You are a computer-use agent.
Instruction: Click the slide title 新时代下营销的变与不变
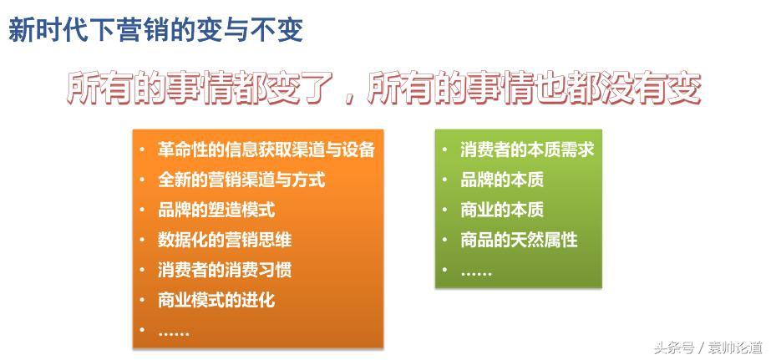(156, 31)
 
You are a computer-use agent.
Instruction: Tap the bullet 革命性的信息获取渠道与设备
(266, 150)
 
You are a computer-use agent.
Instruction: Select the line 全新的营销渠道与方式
(241, 180)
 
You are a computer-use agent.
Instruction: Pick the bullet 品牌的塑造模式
(216, 210)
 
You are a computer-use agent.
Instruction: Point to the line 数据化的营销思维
(225, 240)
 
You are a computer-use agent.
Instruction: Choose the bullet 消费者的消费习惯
(225, 270)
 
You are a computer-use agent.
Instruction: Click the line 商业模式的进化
(216, 300)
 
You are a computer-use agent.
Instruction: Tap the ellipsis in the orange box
(174, 334)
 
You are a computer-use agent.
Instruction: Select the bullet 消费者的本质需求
(527, 150)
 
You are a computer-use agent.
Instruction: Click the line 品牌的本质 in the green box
(502, 180)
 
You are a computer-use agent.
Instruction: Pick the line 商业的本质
(502, 210)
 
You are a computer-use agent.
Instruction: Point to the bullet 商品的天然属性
(519, 240)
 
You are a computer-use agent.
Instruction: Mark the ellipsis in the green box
(476, 273)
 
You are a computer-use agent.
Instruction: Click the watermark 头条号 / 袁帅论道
(708, 347)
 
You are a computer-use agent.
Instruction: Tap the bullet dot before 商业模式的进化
(142, 300)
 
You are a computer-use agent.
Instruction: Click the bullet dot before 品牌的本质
(444, 180)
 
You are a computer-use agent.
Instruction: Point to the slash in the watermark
(700, 348)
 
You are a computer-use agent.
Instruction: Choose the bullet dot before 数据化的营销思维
(142, 240)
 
